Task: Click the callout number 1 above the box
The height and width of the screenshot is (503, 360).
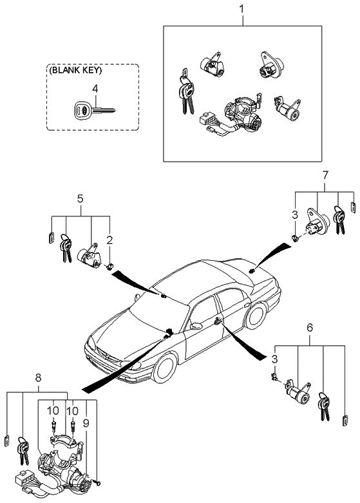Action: pyautogui.click(x=242, y=8)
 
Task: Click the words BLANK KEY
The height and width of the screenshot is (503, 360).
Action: pyautogui.click(x=75, y=71)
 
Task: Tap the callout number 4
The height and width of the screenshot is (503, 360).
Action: pyautogui.click(x=95, y=89)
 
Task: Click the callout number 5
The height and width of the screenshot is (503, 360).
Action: pyautogui.click(x=81, y=198)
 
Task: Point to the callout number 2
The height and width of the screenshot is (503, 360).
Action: pyautogui.click(x=109, y=241)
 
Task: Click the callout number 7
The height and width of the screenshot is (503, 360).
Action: pyautogui.click(x=325, y=175)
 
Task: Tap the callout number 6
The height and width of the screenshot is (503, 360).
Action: pyautogui.click(x=310, y=328)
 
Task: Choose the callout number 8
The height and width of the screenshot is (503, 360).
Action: pyautogui.click(x=39, y=378)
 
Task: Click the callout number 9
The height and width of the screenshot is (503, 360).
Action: pyautogui.click(x=86, y=423)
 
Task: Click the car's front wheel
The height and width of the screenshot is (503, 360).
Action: pyautogui.click(x=165, y=368)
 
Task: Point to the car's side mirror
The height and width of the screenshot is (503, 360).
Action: pyautogui.click(x=196, y=326)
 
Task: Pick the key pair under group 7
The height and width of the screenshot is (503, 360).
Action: pyautogui.click(x=339, y=220)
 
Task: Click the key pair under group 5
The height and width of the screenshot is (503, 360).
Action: pyautogui.click(x=66, y=248)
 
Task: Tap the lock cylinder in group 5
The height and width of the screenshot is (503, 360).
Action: pyautogui.click(x=89, y=256)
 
